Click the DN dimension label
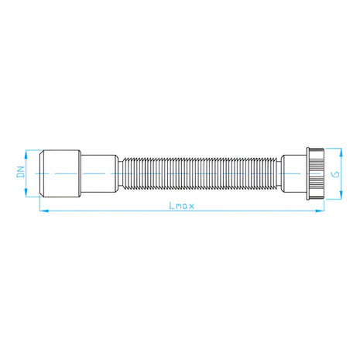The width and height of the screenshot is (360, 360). click(x=21, y=172)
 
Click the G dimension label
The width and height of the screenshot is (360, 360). click(x=336, y=174)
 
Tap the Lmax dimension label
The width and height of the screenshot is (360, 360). click(x=181, y=206)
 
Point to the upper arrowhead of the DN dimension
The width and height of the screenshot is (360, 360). click(x=26, y=154)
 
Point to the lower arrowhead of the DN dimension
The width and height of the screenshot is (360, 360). click(x=26, y=193)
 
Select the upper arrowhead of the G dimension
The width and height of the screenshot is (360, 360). click(x=341, y=153)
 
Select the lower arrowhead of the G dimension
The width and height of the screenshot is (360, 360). click(x=341, y=195)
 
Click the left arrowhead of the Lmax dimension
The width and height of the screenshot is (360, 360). click(x=44, y=211)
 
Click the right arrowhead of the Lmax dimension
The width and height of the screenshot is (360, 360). click(x=320, y=211)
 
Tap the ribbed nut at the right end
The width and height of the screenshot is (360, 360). click(x=315, y=173)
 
